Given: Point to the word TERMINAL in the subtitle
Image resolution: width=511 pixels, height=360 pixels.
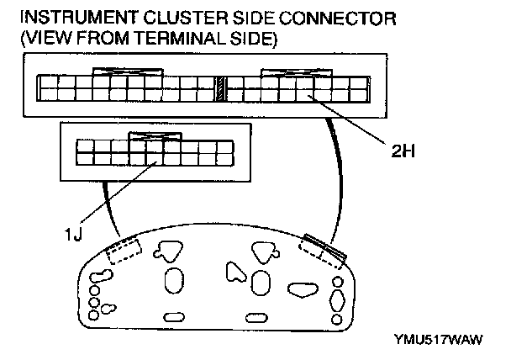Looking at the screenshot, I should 192,39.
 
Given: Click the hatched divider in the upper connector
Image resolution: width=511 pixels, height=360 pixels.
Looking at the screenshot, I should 219,87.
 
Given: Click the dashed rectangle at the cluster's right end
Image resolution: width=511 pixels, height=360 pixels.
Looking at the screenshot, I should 319,251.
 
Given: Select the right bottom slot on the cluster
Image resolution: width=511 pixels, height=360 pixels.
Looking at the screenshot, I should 267,316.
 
